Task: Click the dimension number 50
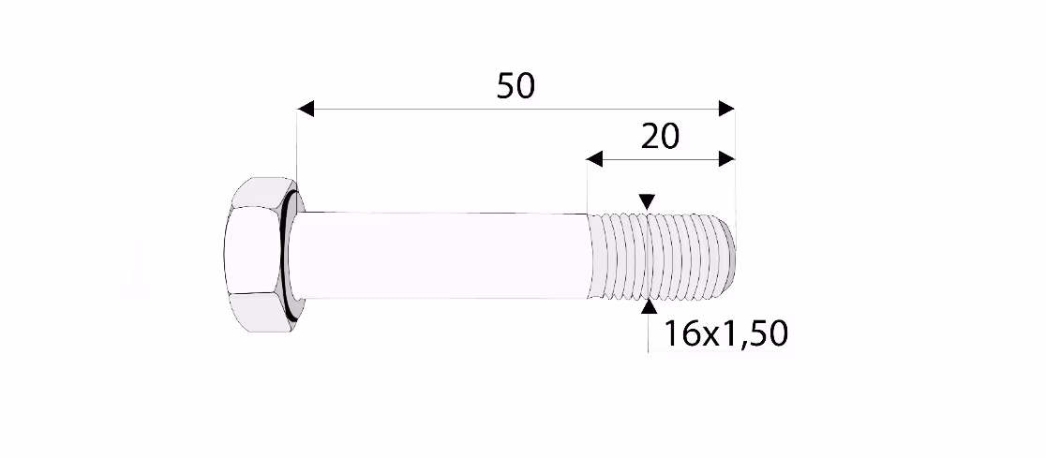(516, 86)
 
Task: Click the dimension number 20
(660, 137)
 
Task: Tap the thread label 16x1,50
(725, 334)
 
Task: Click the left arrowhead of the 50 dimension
(306, 109)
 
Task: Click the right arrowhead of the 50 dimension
(726, 109)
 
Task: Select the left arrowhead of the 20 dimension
(594, 158)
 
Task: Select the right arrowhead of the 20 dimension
(726, 158)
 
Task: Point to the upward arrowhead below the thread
(648, 306)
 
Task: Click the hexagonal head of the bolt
(253, 255)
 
